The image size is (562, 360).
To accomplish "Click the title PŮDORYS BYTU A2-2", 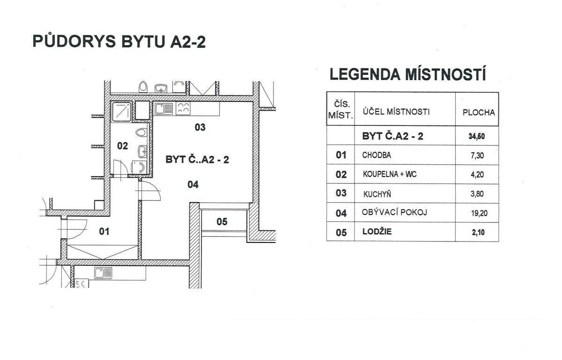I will click(x=119, y=41).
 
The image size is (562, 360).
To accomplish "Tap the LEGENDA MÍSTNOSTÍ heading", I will click(x=407, y=74).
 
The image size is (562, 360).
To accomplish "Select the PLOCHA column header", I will click(x=478, y=112).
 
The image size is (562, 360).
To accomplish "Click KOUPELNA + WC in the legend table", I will click(x=389, y=175).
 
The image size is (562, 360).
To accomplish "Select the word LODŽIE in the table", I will click(x=377, y=232).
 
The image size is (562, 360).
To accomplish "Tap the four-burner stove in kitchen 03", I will click(x=184, y=109).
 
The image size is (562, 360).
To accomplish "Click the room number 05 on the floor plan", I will click(x=222, y=222).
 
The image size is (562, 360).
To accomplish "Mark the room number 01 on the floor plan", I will click(x=104, y=231).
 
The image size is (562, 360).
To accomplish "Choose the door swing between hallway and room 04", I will click(x=150, y=191).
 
